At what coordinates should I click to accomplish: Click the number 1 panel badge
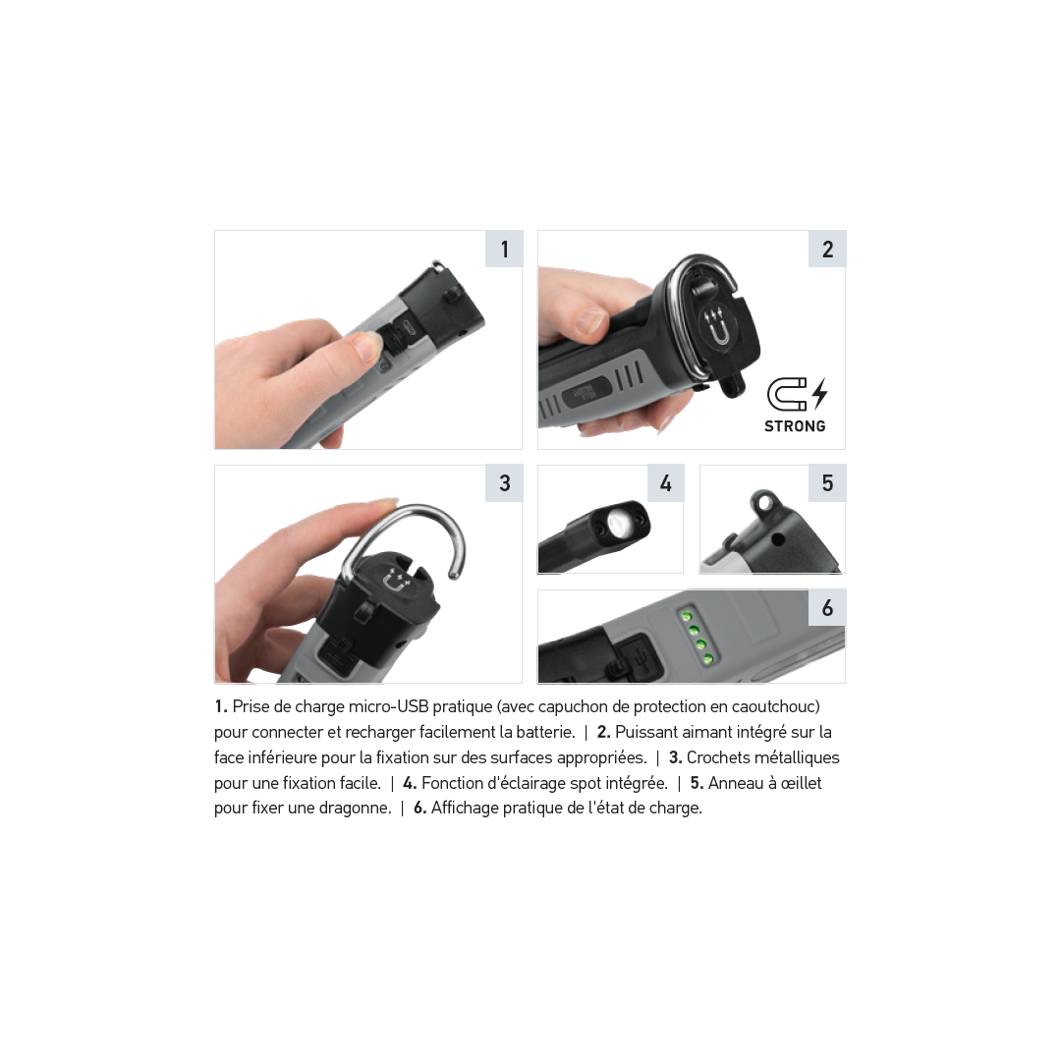(x=504, y=249)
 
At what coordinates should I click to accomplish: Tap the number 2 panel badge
(x=827, y=249)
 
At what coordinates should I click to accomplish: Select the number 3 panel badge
(x=504, y=483)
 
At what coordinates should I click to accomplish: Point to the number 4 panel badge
(x=666, y=483)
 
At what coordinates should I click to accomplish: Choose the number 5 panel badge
(x=827, y=483)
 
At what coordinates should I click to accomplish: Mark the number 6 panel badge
(x=827, y=608)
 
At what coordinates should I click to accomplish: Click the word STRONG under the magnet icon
(x=795, y=426)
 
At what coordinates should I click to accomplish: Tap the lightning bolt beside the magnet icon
(x=819, y=393)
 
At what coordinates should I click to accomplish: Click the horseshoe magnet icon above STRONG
(x=787, y=394)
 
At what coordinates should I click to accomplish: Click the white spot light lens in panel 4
(x=619, y=522)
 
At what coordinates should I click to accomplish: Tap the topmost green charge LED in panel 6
(x=687, y=616)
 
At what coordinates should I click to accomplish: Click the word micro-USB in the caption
(x=388, y=706)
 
